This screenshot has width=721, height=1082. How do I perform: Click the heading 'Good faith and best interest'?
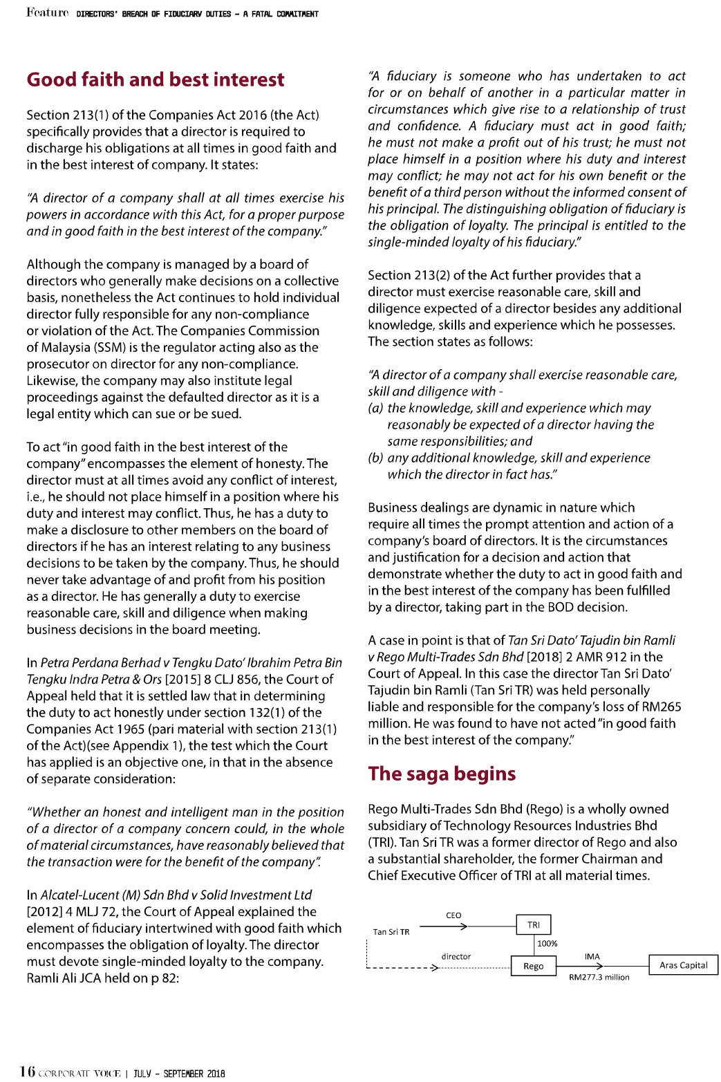[156, 80]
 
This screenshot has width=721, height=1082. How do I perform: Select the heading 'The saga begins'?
[442, 774]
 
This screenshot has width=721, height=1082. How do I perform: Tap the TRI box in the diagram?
[534, 924]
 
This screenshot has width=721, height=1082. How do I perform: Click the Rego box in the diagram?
[534, 966]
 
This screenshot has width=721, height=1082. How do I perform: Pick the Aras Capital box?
[683, 965]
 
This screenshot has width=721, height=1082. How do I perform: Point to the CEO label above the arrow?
[453, 915]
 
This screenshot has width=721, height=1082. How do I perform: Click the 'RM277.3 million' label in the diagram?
[599, 978]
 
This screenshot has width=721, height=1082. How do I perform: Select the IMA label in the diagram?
[592, 957]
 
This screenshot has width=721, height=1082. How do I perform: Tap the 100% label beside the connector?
[547, 944]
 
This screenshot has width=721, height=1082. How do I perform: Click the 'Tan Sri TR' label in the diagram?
[391, 932]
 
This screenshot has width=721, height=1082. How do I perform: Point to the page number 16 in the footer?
[28, 1072]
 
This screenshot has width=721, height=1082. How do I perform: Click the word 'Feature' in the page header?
[48, 12]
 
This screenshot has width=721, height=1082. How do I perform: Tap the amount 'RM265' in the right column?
[662, 707]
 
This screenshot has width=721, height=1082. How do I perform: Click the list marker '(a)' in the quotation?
[376, 408]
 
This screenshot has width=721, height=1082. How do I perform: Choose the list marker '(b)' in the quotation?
[376, 458]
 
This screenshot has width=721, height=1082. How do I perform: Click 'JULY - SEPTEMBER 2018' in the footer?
[179, 1074]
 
